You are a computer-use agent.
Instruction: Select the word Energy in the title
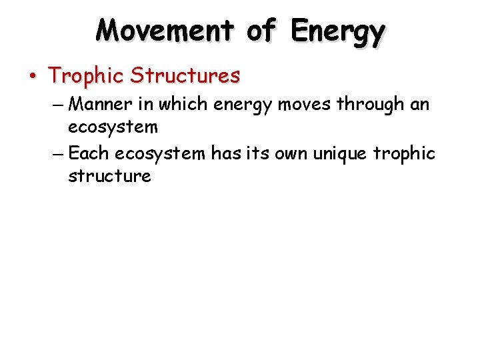(x=339, y=31)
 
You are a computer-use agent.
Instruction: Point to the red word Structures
(x=185, y=76)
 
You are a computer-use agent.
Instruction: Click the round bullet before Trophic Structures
(x=33, y=76)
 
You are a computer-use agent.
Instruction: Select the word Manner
(x=101, y=104)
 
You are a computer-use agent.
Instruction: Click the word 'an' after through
(x=419, y=105)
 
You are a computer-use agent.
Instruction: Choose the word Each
(x=89, y=154)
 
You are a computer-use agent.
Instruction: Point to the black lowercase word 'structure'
(x=109, y=176)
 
